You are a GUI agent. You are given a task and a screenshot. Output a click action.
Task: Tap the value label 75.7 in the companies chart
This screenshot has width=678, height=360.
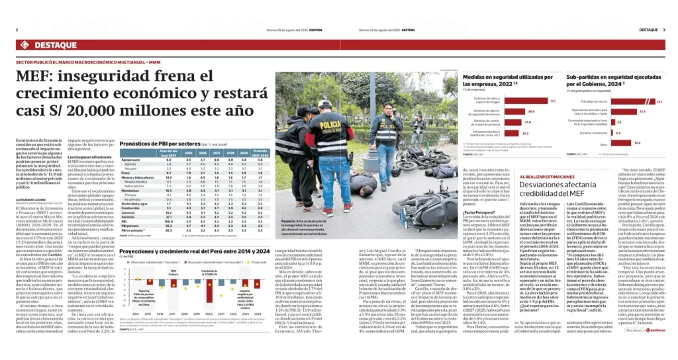534,101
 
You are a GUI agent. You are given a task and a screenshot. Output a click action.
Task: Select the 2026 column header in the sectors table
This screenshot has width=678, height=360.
196,153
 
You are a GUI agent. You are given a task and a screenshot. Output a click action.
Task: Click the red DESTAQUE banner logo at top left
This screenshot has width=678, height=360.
42,45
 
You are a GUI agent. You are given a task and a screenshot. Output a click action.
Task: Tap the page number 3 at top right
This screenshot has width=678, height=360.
663,30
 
